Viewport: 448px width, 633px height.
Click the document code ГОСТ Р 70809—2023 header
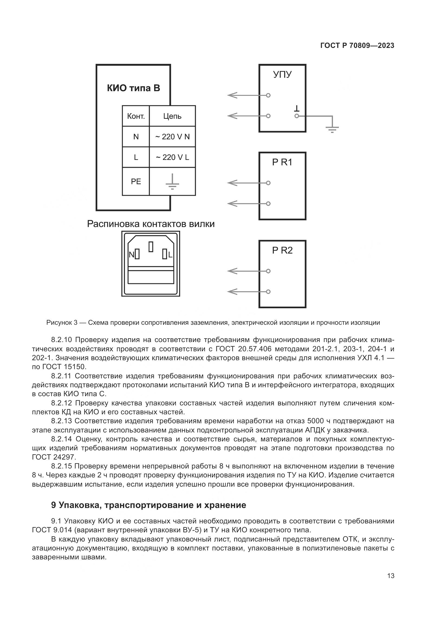pyautogui.click(x=357, y=45)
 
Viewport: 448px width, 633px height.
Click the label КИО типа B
pyautogui.click(x=134, y=88)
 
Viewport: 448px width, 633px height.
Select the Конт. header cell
pyautogui.click(x=136, y=116)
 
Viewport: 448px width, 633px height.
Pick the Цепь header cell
pyautogui.click(x=172, y=116)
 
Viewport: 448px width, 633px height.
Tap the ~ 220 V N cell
pyautogui.click(x=173, y=137)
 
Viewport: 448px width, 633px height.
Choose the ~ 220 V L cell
pyautogui.click(x=173, y=158)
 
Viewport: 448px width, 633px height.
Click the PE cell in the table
pyautogui.click(x=136, y=181)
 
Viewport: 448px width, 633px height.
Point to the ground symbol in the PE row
pyautogui.click(x=172, y=182)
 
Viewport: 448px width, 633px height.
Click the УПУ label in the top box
pyautogui.click(x=282, y=74)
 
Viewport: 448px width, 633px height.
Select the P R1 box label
pyautogui.click(x=282, y=162)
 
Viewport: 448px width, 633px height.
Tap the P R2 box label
pyautogui.click(x=282, y=250)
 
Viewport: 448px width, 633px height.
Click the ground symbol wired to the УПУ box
pyautogui.click(x=332, y=129)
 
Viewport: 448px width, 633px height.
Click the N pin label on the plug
pyautogui.click(x=132, y=255)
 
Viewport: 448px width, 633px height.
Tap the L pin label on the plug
pyautogui.click(x=170, y=255)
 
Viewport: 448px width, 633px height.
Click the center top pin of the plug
pyautogui.click(x=151, y=247)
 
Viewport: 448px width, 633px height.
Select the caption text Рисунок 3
pyautogui.click(x=62, y=323)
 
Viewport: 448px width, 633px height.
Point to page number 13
pyautogui.click(x=391, y=576)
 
